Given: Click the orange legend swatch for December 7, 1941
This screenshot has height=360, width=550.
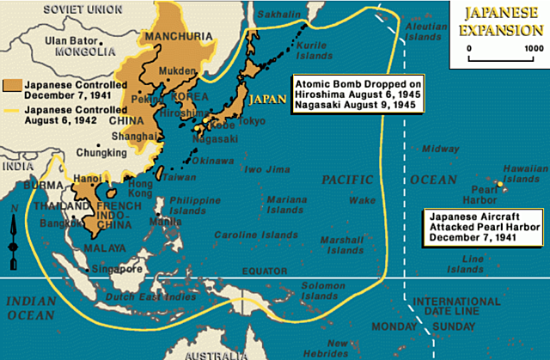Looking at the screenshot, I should click(x=13, y=86).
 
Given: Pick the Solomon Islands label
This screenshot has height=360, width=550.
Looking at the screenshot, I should click(x=324, y=291).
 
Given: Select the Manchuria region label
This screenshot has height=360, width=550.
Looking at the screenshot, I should click(x=160, y=36).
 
